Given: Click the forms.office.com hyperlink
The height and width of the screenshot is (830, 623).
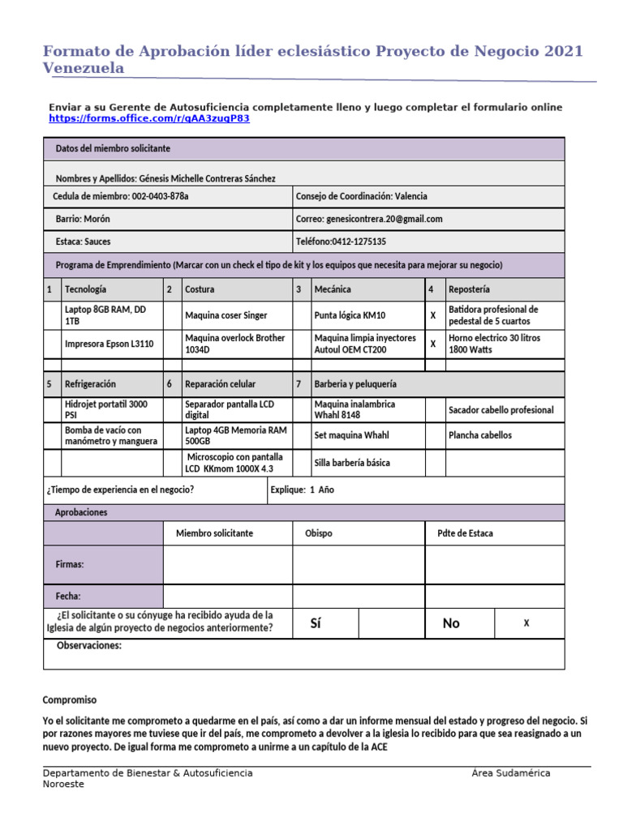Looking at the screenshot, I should (149, 118).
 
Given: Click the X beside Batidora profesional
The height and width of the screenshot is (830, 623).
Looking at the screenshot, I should (433, 315).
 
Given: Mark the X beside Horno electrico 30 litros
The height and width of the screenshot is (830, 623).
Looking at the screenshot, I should (433, 344).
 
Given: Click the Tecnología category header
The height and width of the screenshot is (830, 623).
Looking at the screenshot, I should (85, 289).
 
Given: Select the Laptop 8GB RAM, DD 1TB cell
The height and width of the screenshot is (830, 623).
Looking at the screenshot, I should (105, 315).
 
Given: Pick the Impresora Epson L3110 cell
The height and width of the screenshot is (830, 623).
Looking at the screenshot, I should (109, 344).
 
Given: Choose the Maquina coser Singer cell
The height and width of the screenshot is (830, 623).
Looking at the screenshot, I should (226, 315).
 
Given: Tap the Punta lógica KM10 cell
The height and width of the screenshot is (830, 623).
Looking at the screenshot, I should (350, 315).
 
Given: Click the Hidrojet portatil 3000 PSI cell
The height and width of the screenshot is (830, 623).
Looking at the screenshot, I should (105, 409).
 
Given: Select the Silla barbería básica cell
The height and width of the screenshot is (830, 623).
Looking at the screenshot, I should (351, 463).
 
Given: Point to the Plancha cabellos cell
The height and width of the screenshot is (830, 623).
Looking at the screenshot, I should (480, 435).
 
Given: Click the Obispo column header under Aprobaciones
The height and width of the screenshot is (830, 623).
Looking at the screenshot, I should (318, 533).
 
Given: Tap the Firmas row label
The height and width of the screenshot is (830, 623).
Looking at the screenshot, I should (70, 564).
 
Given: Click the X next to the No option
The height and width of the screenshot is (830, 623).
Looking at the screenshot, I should (526, 622).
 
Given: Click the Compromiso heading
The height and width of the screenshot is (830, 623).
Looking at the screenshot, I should (69, 700).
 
